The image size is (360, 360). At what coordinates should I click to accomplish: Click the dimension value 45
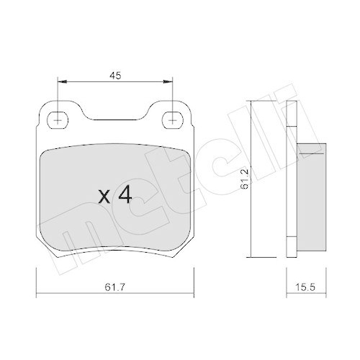point(115,76)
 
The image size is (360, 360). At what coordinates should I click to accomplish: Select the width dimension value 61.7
point(114,287)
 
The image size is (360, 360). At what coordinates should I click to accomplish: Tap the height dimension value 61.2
point(244,179)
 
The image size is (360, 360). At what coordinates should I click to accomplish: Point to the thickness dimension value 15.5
point(305,287)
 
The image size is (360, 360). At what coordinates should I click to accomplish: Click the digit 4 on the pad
point(125,194)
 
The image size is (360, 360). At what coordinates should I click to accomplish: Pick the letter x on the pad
point(104,197)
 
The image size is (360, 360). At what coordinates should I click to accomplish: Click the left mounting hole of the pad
point(58,120)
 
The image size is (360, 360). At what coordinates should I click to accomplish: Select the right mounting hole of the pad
point(173,120)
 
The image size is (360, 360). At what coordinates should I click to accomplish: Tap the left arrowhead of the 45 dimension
point(62,82)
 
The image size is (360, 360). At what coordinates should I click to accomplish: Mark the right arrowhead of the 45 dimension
point(168,82)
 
